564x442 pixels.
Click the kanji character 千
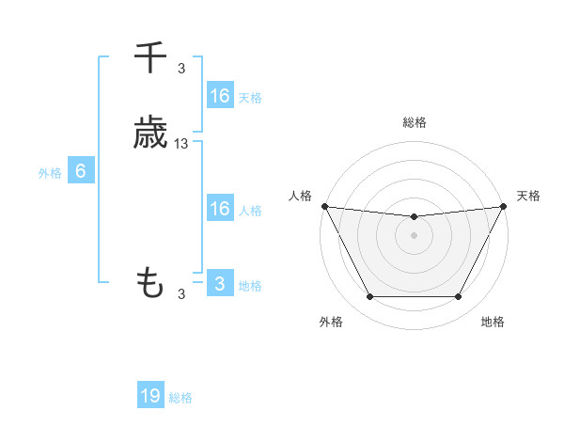[150, 58]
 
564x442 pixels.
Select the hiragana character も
[150, 282]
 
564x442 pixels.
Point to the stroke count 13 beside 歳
[181, 144]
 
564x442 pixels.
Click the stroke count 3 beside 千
[181, 69]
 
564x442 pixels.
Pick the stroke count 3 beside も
[181, 294]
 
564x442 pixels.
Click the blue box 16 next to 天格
[219, 96]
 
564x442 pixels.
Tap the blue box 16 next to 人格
[219, 209]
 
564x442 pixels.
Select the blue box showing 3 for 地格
[219, 284]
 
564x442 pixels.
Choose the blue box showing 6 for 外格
[81, 171]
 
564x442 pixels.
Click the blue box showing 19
[150, 396]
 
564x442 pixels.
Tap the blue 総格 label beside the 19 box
[181, 398]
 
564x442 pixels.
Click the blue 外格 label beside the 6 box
[50, 173]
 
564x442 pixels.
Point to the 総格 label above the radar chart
[415, 122]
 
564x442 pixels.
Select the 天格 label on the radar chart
[528, 196]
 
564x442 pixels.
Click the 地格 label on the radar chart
[493, 322]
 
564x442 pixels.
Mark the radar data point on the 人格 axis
[324, 206]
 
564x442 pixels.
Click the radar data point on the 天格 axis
[505, 206]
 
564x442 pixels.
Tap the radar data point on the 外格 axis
[369, 297]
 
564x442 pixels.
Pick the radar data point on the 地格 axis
[459, 297]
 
